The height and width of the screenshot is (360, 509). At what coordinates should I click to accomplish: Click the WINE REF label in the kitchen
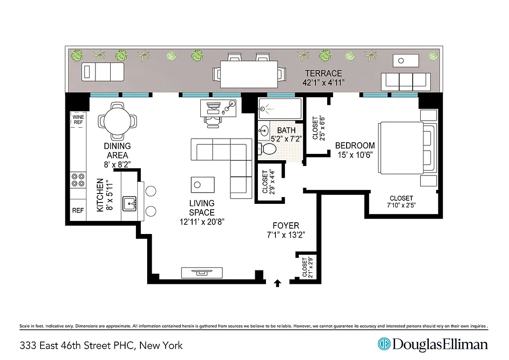78,119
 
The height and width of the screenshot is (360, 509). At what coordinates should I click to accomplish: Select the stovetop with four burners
78,180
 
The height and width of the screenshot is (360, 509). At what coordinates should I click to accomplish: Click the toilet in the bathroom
269,149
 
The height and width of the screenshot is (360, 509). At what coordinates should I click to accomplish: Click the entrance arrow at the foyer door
278,283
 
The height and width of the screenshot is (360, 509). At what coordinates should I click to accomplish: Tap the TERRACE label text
323,73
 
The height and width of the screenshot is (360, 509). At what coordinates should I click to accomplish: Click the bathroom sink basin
264,131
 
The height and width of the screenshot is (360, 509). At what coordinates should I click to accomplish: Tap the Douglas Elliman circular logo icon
384,345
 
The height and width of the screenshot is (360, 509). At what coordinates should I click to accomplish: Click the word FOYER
286,225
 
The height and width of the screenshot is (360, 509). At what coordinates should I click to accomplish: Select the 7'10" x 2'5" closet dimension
401,206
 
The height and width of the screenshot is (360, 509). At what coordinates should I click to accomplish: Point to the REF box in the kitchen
78,211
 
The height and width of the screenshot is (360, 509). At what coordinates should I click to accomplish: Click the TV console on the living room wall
202,273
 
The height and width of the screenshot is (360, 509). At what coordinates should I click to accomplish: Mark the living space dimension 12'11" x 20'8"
202,221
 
